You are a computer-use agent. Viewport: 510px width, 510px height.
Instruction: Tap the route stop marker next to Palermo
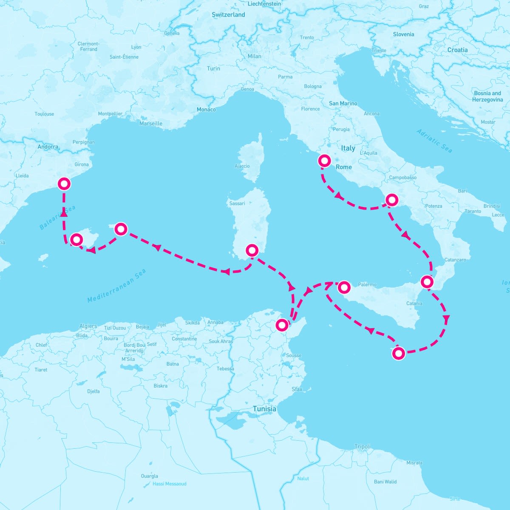343,288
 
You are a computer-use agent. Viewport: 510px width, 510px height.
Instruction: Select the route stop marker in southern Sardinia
252,250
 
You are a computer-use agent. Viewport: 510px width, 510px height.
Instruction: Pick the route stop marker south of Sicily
398,353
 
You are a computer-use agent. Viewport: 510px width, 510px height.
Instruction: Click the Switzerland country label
228,15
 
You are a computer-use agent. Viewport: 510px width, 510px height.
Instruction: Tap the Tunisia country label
264,409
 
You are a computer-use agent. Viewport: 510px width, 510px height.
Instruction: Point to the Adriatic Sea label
434,141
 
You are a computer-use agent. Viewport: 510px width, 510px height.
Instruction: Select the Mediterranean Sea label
116,286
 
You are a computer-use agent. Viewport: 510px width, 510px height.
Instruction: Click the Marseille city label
151,124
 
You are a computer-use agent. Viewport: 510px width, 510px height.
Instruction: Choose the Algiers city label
88,326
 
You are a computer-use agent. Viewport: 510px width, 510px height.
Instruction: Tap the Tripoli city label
363,447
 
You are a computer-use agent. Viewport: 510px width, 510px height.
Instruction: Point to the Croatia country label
457,50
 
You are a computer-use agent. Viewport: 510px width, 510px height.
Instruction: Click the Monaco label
206,110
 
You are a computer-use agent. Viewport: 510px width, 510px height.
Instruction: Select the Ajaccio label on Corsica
242,166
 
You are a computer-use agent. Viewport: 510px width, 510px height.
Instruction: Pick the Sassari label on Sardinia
237,204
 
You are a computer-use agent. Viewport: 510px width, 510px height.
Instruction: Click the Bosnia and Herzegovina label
487,96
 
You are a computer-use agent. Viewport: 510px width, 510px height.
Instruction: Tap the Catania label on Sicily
414,303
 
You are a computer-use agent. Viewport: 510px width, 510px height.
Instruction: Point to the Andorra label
48,147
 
